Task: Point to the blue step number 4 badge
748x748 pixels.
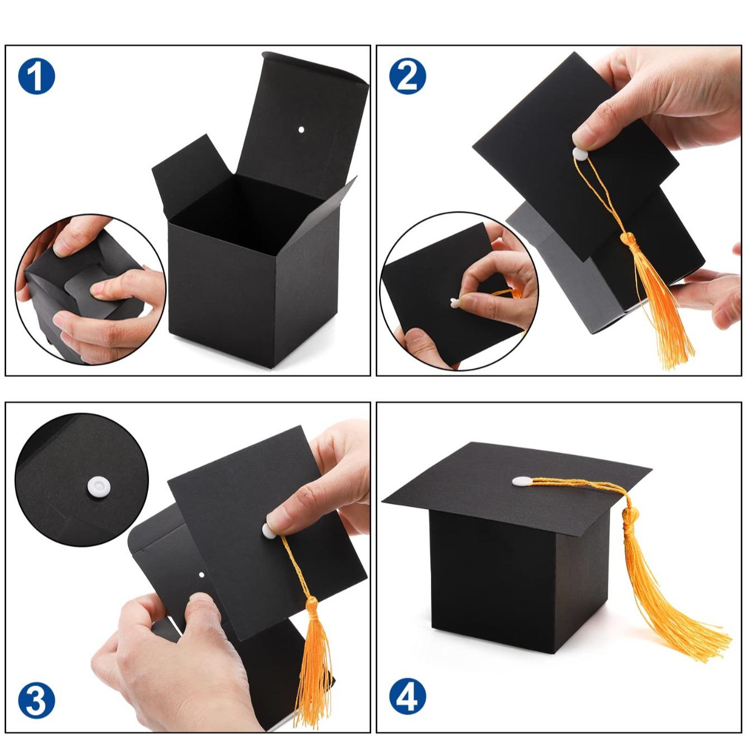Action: pos(407,697)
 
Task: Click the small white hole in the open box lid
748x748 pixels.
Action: pos(301,130)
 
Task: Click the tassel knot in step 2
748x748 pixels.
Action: pos(630,241)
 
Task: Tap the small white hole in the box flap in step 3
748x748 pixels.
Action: pos(202,574)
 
